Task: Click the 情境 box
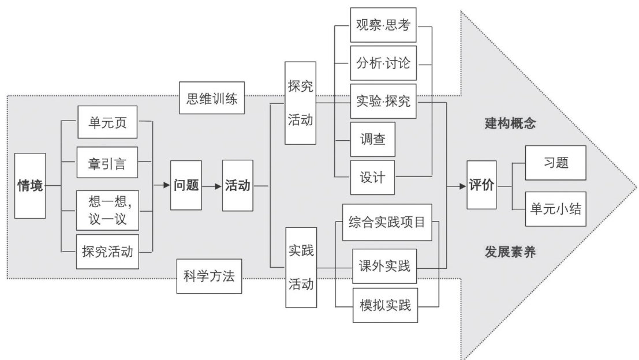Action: (30, 186)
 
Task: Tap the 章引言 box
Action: (107, 164)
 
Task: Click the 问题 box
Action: (186, 186)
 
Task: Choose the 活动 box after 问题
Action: (237, 186)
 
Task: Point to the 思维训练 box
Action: (211, 97)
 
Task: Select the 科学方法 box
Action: (210, 277)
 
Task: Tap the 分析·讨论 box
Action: (383, 63)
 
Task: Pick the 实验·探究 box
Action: (383, 101)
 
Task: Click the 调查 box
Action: (373, 139)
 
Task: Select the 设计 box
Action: (373, 177)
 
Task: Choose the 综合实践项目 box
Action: (387, 222)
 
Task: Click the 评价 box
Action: (481, 186)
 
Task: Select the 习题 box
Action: (556, 163)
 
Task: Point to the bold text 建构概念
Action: (510, 123)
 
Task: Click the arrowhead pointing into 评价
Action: (463, 186)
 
